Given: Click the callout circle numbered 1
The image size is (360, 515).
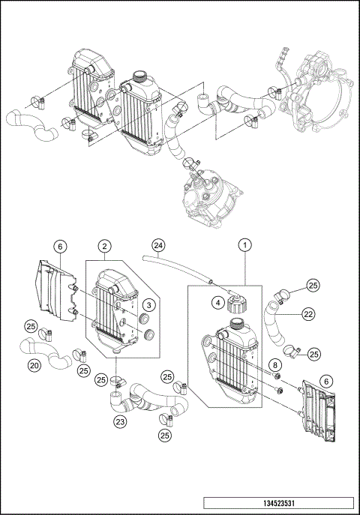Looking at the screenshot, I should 244,244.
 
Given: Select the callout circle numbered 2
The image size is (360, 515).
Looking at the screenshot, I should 106,245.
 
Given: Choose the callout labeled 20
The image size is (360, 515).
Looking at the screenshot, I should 34,365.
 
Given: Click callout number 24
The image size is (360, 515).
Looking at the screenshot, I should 157,244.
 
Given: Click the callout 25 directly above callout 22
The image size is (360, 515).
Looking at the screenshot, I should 313,285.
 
